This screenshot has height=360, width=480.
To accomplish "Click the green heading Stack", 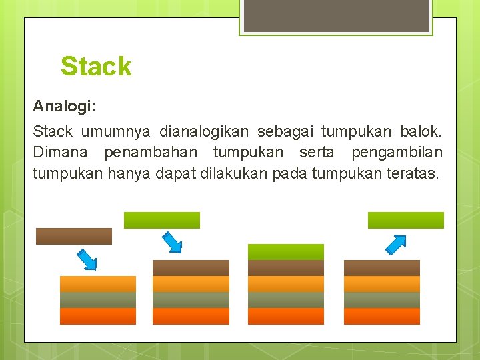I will click(96, 67).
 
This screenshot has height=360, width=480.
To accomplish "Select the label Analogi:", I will click(65, 106).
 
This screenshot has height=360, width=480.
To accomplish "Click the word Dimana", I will click(63, 153).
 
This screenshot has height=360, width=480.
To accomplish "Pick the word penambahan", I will click(153, 153).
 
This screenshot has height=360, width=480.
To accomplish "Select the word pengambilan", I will click(397, 153).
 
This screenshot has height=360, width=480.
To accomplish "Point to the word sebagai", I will click(289, 132).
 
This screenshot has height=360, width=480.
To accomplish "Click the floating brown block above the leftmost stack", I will click(73, 236).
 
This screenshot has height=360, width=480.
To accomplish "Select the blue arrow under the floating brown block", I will click(87, 259).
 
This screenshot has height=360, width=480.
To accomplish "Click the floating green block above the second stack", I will click(162, 220).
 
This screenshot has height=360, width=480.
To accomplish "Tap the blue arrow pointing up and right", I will click(396, 245).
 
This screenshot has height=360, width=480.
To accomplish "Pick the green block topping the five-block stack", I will click(286, 252).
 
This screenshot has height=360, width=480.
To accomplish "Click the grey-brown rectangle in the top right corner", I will click(335, 15).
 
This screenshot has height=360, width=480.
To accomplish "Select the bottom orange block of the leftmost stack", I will click(98, 316).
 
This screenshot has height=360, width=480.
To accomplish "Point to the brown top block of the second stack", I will click(191, 268).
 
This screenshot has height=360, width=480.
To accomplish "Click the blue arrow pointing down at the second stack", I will click(172, 242).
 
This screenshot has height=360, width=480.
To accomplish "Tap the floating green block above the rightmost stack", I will click(406, 220).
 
